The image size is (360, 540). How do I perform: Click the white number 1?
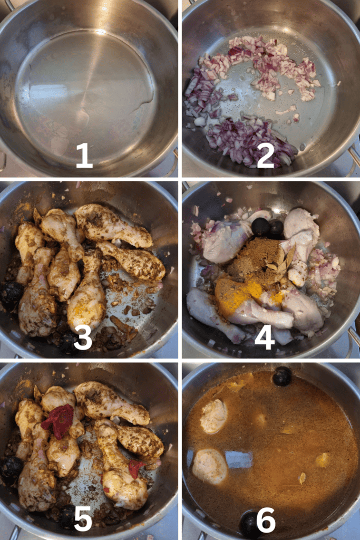point(84,156)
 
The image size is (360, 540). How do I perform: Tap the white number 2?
point(265,156)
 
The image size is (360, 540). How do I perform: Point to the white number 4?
point(265,337)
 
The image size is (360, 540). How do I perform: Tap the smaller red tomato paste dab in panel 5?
point(136,468)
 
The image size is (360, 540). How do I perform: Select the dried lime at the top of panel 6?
point(282,376)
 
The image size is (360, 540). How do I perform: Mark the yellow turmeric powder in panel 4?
point(238,293)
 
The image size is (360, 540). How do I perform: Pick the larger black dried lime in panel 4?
point(260,227)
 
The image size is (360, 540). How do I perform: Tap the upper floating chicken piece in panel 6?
point(214,416)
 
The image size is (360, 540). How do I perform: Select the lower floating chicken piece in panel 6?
point(210,466)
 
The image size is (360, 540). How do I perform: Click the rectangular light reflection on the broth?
point(239,459)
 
